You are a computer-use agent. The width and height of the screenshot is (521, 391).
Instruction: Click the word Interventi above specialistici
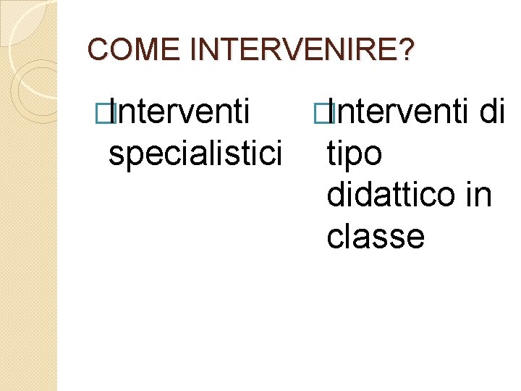pos(182,112)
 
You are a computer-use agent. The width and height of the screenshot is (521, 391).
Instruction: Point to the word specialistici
pos(193,154)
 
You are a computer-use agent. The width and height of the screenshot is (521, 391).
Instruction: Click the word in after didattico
pos(479,195)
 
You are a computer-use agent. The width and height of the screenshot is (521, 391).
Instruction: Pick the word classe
pos(375,237)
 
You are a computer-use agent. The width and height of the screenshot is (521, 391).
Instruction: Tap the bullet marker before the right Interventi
pos(323,113)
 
